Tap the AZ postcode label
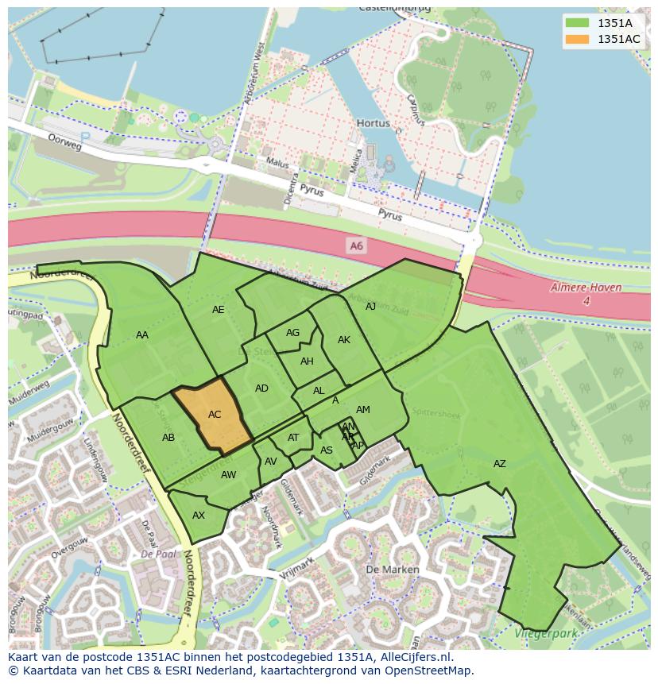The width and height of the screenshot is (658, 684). point(499,464)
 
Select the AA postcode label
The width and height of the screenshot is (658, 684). point(142,335)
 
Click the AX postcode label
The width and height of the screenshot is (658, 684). point(199,516)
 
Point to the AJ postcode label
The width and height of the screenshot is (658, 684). point(370,306)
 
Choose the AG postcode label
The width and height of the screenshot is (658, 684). point(292,333)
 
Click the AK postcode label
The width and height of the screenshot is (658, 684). point(344,340)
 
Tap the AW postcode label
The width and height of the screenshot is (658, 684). point(229,475)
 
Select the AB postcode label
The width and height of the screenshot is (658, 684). point(168,438)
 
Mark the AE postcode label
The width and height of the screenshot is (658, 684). point(219,310)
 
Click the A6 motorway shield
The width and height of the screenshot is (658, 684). point(356,246)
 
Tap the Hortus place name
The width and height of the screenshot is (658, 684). point(374,124)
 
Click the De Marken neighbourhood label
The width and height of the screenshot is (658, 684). point(386,570)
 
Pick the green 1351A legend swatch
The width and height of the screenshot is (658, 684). point(577,22)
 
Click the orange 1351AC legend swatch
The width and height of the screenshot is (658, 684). point(577,39)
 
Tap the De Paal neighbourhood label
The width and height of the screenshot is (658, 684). point(158,554)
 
